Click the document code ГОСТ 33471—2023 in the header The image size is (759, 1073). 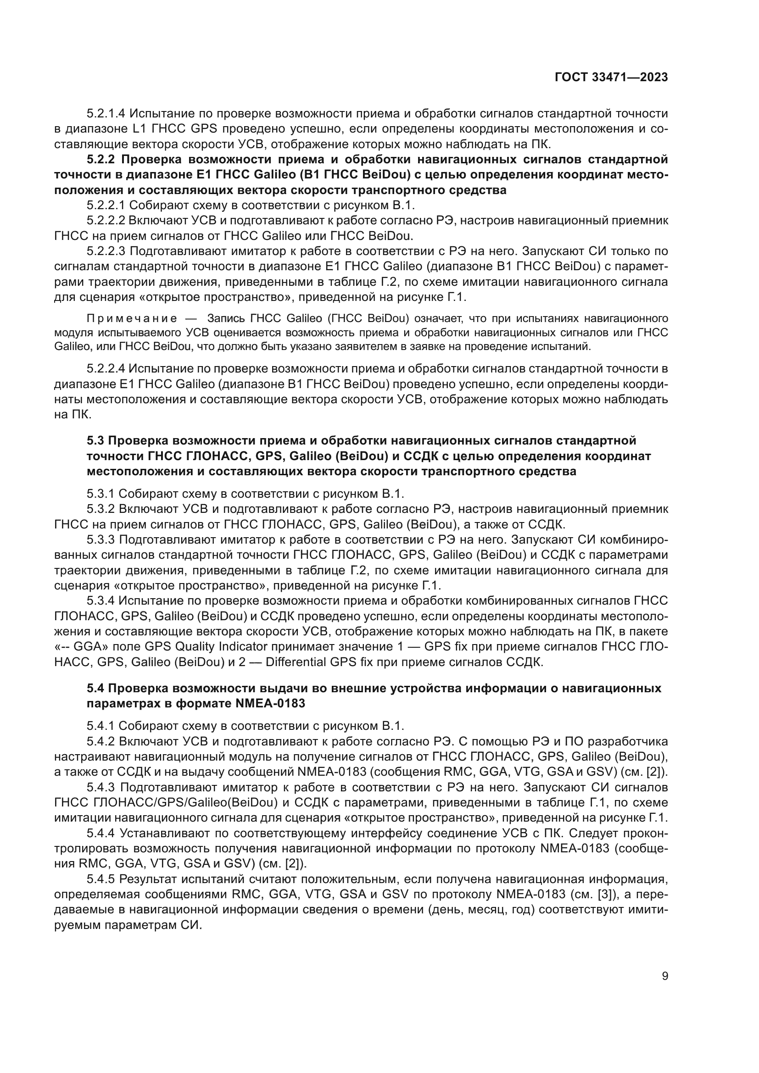(611, 77)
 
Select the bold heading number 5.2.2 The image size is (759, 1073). (100, 160)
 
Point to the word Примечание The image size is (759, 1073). (132, 319)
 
